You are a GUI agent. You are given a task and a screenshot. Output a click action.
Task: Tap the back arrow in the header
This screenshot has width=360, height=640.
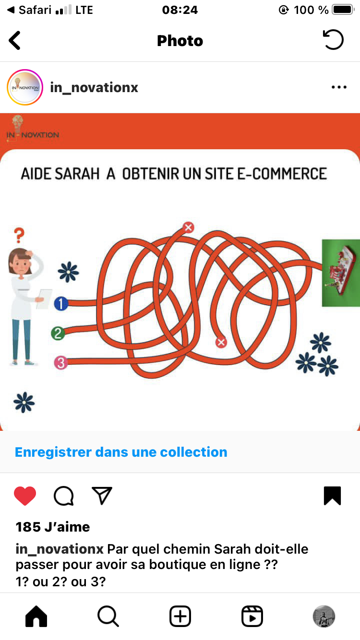pyautogui.click(x=14, y=40)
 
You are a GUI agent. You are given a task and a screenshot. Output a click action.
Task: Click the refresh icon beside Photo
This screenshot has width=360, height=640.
pyautogui.click(x=334, y=40)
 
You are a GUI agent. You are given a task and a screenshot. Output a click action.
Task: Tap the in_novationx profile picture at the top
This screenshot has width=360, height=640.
pyautogui.click(x=25, y=87)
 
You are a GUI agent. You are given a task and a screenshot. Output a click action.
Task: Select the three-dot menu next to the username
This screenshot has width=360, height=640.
pyautogui.click(x=339, y=87)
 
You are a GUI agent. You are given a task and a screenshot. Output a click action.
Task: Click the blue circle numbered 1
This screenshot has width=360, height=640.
pyautogui.click(x=61, y=303)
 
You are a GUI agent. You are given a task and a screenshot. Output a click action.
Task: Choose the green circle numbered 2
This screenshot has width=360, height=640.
pyautogui.click(x=58, y=333)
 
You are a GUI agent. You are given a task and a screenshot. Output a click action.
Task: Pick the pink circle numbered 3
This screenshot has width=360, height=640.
pyautogui.click(x=61, y=363)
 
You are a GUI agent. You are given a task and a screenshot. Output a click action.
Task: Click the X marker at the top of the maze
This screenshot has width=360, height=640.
pyautogui.click(x=188, y=227)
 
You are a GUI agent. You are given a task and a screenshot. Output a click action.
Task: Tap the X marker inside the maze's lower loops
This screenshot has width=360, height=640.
pyautogui.click(x=221, y=342)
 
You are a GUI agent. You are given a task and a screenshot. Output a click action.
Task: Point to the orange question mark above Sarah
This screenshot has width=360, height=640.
pyautogui.click(x=19, y=235)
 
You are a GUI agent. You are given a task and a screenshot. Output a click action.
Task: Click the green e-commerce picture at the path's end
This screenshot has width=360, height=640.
pyautogui.click(x=341, y=273)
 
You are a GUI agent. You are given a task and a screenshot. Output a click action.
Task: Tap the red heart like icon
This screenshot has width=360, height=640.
pyautogui.click(x=25, y=496)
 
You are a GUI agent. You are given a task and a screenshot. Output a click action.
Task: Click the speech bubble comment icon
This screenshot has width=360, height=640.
pyautogui.click(x=64, y=496)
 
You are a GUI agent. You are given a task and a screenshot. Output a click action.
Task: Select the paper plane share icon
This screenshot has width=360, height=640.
pyautogui.click(x=102, y=496)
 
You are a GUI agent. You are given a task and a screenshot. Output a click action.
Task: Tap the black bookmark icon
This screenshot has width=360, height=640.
pyautogui.click(x=332, y=496)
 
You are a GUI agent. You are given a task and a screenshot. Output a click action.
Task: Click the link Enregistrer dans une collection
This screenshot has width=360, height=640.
pyautogui.click(x=121, y=452)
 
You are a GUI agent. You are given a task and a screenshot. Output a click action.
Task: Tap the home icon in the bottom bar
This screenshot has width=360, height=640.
pyautogui.click(x=36, y=616)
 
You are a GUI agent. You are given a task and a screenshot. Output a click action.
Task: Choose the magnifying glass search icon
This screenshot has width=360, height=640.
pyautogui.click(x=108, y=616)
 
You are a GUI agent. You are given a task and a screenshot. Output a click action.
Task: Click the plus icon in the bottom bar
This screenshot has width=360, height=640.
pyautogui.click(x=180, y=616)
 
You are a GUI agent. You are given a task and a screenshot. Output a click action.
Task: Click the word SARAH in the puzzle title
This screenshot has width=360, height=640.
pyautogui.click(x=77, y=174)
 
